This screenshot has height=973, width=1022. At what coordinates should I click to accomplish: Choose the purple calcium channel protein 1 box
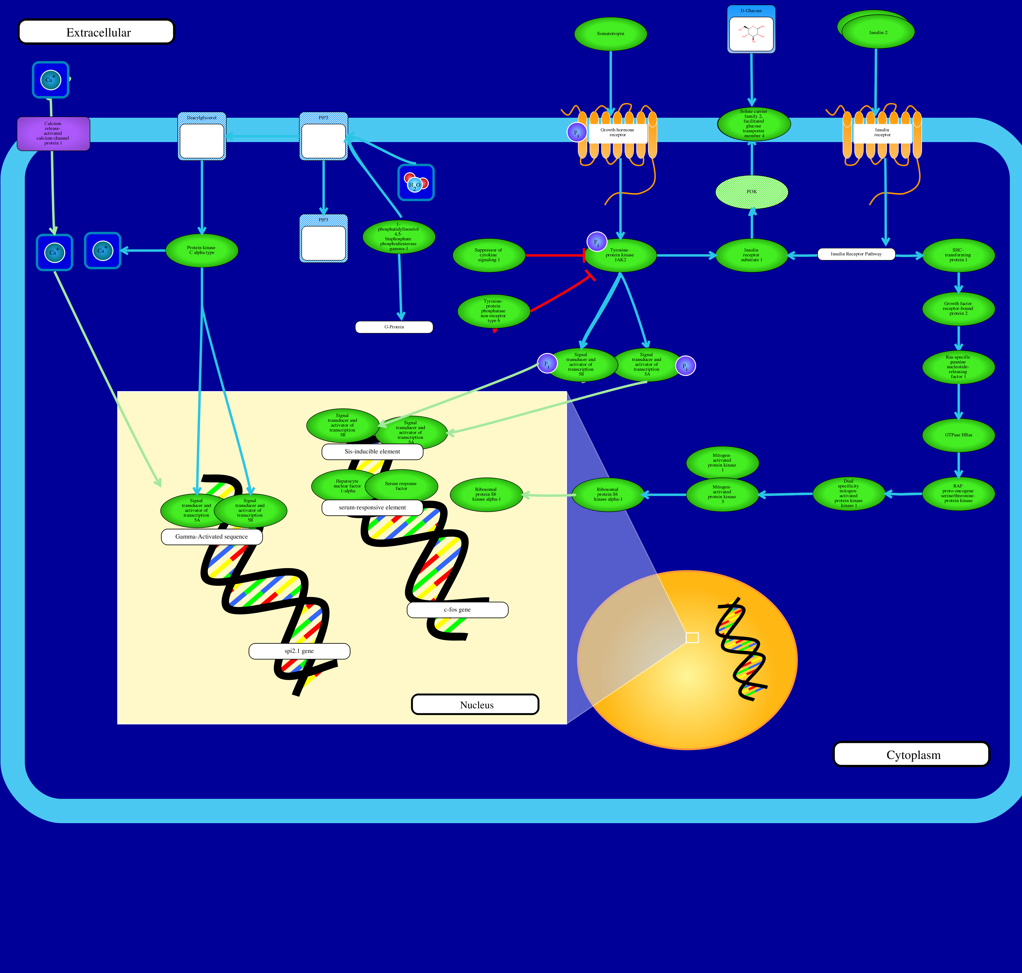54,133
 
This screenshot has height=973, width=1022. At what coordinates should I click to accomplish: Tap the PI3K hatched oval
751,192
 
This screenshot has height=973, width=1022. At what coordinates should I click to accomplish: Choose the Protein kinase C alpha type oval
201,251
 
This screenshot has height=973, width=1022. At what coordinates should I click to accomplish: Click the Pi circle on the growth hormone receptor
576,133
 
